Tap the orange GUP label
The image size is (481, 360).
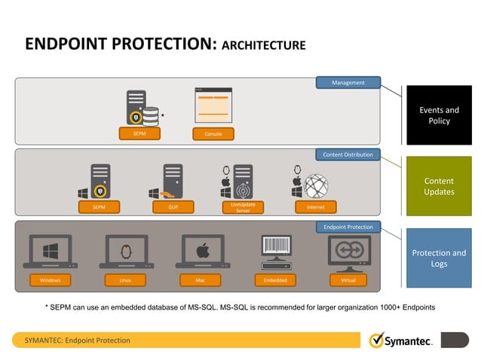(173, 206)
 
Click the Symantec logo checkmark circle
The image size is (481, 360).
(376, 340)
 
